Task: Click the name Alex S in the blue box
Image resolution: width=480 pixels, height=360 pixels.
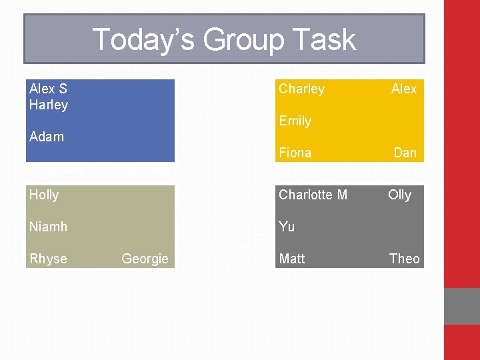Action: coord(48,89)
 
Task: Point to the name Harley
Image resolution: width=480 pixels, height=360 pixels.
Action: coord(49,105)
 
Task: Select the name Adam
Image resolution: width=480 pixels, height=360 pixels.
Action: coord(47,137)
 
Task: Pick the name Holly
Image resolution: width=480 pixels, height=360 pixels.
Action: coord(44,195)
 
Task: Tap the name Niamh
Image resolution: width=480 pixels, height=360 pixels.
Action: coord(48,227)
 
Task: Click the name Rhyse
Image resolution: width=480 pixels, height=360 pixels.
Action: coord(48,259)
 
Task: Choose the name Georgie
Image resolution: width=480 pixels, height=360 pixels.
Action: coord(145,259)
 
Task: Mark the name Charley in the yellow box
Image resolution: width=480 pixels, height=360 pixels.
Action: coord(301,89)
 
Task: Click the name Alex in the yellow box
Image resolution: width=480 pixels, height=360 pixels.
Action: coord(404,89)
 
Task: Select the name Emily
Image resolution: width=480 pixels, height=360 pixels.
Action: coord(295,121)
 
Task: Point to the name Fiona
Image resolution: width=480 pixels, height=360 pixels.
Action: coord(295,153)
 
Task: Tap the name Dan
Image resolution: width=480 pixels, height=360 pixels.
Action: coord(405,153)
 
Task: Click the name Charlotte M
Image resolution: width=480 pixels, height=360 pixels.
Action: coord(313,195)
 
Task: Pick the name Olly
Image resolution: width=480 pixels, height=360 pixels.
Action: coord(400,195)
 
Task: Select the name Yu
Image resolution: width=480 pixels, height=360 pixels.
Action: coord(287,227)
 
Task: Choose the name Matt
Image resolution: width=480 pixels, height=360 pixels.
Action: coord(292,259)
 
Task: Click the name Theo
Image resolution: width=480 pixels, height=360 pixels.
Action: coord(405,259)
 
